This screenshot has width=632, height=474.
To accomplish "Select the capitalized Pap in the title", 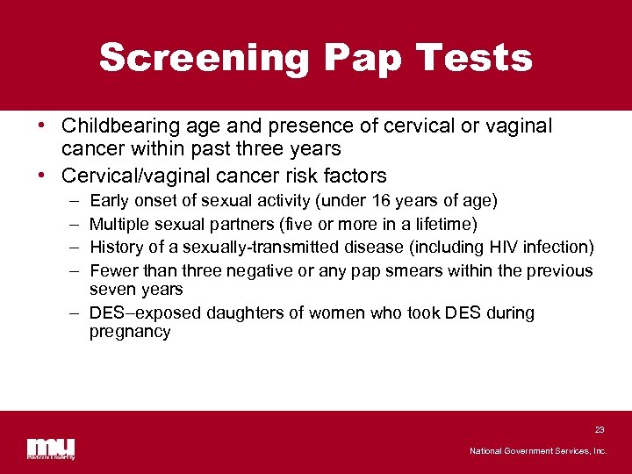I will click(360, 58).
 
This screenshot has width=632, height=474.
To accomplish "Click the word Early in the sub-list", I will click(109, 201).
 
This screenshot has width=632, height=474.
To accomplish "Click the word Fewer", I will click(113, 270).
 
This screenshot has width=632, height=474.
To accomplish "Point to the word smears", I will click(412, 270).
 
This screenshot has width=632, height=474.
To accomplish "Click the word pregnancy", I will click(130, 332).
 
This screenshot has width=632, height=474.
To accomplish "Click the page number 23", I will click(600, 429).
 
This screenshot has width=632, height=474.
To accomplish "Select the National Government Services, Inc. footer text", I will click(538, 450).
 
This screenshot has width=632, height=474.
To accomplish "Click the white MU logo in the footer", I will click(50, 448).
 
